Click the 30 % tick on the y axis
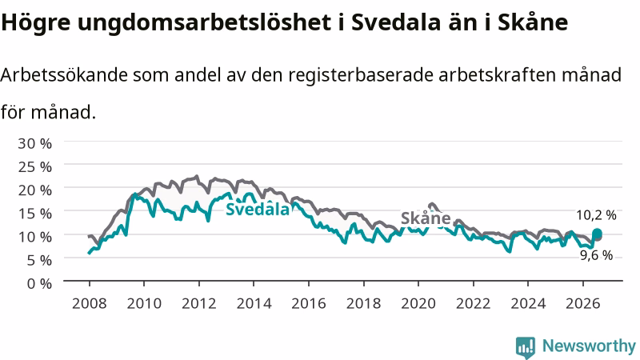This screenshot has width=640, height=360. point(34,144)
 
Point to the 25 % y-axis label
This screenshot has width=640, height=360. point(34,167)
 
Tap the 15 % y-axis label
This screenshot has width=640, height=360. point(34,214)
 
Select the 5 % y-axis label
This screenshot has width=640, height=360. point(39,260)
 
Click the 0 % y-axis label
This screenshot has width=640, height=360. point(39,283)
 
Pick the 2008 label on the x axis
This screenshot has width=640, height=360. point(89,304)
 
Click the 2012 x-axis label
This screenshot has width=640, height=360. point(198,304)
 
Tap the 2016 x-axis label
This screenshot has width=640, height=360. point(309,304)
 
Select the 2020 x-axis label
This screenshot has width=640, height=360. point(418,304)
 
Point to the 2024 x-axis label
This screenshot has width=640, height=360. point(528,304)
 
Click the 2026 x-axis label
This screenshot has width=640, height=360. point(583,304)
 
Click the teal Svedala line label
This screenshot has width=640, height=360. point(258,210)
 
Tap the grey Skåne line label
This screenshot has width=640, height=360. point(426,218)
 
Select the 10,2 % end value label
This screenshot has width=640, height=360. point(596,215)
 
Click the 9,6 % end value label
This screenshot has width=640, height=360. point(596,255)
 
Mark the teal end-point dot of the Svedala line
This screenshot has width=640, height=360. point(597,234)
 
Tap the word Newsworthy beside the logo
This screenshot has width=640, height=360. point(589,346)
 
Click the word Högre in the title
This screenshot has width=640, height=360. point(36,22)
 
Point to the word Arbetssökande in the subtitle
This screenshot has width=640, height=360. point(64,75)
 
